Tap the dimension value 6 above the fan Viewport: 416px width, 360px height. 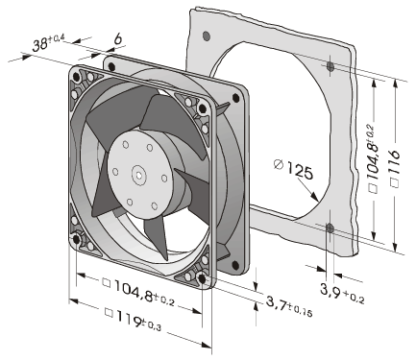pos(118,39)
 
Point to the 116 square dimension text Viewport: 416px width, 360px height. pos(395,162)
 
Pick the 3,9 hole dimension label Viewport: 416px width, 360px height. pos(342,293)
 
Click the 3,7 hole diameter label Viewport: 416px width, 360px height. pos(289,305)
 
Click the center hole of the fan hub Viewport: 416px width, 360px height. pos(139,175)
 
